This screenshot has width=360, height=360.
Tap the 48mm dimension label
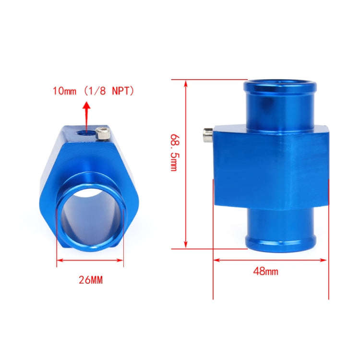(x=265, y=272)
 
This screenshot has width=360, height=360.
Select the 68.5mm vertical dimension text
(x=174, y=153)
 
